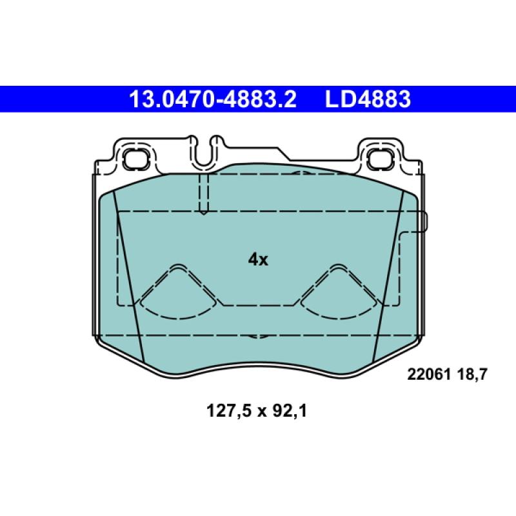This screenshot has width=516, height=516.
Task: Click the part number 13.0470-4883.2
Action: tap(213, 100)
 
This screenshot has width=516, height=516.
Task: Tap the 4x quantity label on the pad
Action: tap(257, 260)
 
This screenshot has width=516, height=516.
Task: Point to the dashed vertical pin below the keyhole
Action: tap(203, 193)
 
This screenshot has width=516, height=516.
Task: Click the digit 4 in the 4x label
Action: tap(253, 260)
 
